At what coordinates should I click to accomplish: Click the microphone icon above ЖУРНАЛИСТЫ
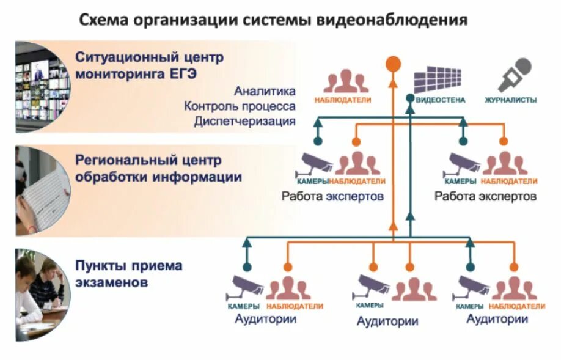[514, 75]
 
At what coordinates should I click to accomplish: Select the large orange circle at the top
[393, 64]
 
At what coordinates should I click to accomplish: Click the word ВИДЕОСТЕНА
[440, 100]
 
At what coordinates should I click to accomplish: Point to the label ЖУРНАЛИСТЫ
[510, 100]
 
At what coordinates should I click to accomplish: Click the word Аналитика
[265, 91]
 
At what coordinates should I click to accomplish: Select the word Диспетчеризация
[245, 121]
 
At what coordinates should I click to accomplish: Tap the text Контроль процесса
[240, 106]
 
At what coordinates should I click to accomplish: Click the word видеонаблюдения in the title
[391, 20]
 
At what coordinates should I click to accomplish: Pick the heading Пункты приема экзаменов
[129, 274]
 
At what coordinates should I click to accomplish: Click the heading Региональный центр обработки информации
[158, 169]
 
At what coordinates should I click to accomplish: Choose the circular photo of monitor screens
[42, 86]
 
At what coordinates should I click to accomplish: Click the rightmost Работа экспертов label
[485, 197]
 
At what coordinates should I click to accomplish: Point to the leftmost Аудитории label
[265, 319]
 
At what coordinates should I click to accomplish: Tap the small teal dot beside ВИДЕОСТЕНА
[409, 98]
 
